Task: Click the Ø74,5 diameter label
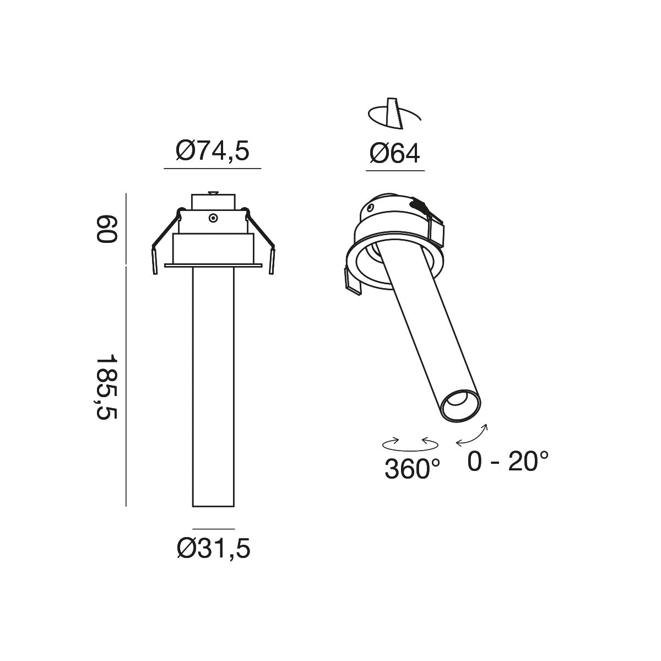pyautogui.click(x=212, y=151)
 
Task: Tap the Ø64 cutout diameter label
pyautogui.click(x=394, y=153)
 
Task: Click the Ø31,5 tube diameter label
pyautogui.click(x=214, y=549)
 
